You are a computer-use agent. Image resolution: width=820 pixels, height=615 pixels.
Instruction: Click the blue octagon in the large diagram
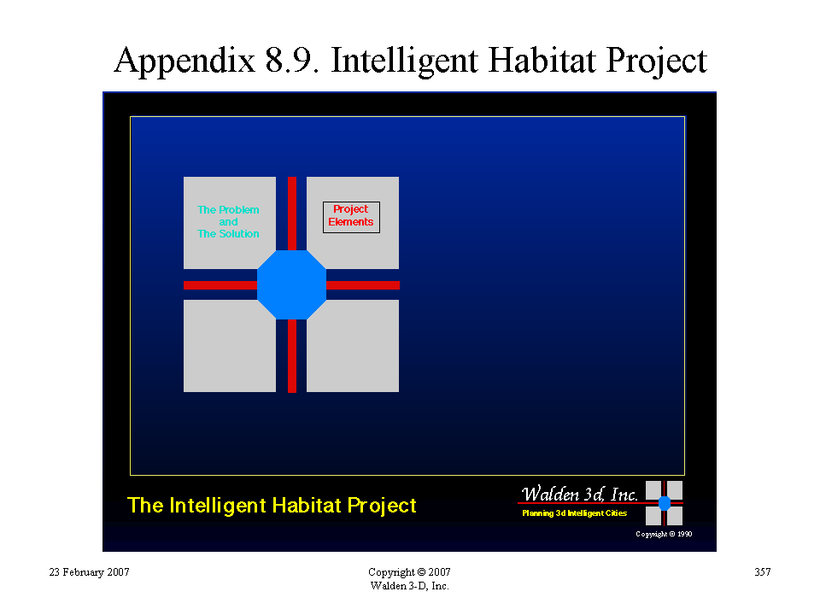coord(292,285)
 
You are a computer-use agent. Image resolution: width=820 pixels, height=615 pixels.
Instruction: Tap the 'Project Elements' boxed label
coord(351,217)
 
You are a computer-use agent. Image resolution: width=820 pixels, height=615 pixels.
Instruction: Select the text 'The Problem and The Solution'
coord(228,222)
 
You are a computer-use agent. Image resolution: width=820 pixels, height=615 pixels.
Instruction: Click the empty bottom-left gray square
coord(230,346)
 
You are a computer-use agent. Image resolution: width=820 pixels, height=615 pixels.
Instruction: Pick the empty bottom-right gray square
coord(353,346)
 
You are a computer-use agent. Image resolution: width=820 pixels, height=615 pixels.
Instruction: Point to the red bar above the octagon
coord(292,214)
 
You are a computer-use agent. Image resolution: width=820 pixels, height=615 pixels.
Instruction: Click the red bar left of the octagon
coord(220,285)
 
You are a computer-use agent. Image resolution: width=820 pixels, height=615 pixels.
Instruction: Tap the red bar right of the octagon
coord(363,285)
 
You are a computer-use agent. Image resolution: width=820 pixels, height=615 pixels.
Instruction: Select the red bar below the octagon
coord(292,355)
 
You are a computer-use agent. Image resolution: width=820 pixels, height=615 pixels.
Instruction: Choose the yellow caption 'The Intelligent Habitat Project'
coord(272,506)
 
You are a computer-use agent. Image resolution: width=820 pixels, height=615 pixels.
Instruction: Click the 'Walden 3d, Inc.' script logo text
coord(579,494)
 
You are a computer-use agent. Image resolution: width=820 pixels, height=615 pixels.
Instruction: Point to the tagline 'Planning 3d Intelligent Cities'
coord(574,513)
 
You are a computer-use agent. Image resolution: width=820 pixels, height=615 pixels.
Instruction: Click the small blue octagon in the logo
coord(665,503)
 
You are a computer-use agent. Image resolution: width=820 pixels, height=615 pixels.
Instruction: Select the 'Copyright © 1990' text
coord(664,534)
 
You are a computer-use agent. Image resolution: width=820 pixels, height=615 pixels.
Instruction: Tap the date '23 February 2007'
coord(89,572)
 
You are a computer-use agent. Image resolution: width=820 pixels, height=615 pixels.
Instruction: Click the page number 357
coord(763,572)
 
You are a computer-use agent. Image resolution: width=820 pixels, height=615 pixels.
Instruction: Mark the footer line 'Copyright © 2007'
coord(409,572)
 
